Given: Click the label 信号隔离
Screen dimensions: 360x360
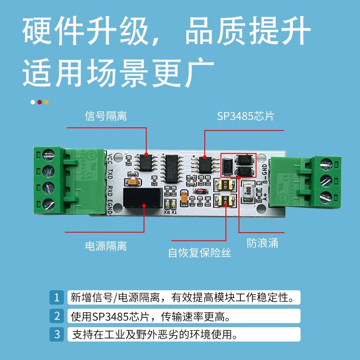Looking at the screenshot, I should [x=106, y=117].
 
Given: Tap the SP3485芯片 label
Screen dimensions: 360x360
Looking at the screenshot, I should [x=245, y=117].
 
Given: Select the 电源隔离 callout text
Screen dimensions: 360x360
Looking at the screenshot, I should [x=106, y=246].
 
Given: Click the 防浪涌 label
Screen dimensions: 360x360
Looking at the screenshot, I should [x=262, y=243].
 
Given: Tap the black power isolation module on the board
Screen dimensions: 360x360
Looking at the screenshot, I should [x=143, y=198].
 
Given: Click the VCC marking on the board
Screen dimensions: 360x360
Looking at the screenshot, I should [x=111, y=158].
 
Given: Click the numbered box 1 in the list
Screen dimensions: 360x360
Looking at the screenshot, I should [x=57, y=297].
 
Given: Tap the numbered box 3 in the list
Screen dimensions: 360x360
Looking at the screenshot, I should [x=57, y=334].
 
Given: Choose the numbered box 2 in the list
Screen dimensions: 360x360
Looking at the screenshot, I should [x=57, y=316].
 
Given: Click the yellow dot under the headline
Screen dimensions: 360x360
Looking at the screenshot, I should [x=46, y=102].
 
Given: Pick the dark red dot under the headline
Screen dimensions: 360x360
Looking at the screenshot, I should [x=40, y=102].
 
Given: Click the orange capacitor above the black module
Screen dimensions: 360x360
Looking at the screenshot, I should [x=133, y=183].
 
